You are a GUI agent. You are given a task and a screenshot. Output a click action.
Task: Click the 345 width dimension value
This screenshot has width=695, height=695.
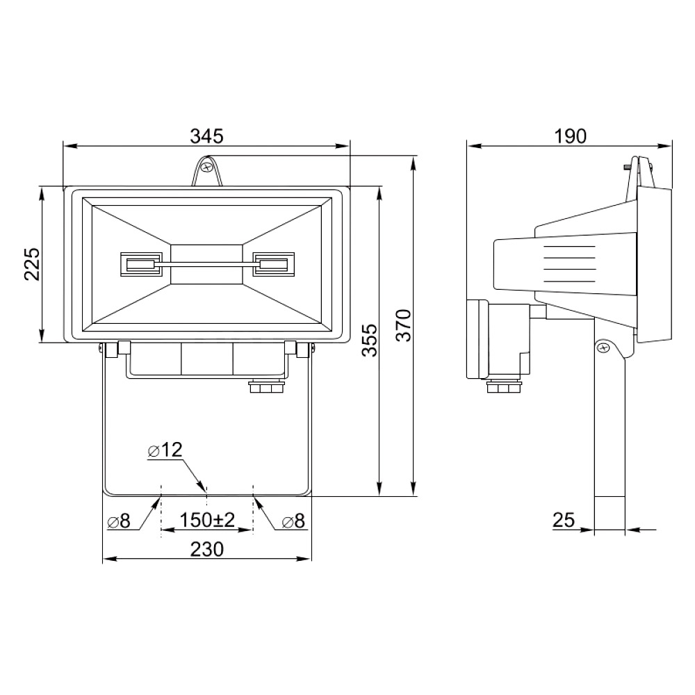206,136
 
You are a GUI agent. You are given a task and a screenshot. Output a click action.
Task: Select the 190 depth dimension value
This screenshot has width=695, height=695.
571,136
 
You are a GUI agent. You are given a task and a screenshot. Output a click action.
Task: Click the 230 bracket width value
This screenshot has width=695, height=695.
206,549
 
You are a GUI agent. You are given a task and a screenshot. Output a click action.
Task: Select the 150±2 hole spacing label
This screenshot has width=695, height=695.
207,521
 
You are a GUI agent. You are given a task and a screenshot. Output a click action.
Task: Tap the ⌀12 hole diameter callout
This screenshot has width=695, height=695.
165,450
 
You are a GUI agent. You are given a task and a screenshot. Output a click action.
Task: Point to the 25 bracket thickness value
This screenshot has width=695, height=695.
565,520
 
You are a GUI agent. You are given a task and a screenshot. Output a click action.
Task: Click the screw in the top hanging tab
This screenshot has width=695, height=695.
206,167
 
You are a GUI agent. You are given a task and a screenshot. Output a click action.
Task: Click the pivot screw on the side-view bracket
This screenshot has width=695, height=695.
604,346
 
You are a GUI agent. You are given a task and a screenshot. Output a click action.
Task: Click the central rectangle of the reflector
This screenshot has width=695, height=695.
207,264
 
